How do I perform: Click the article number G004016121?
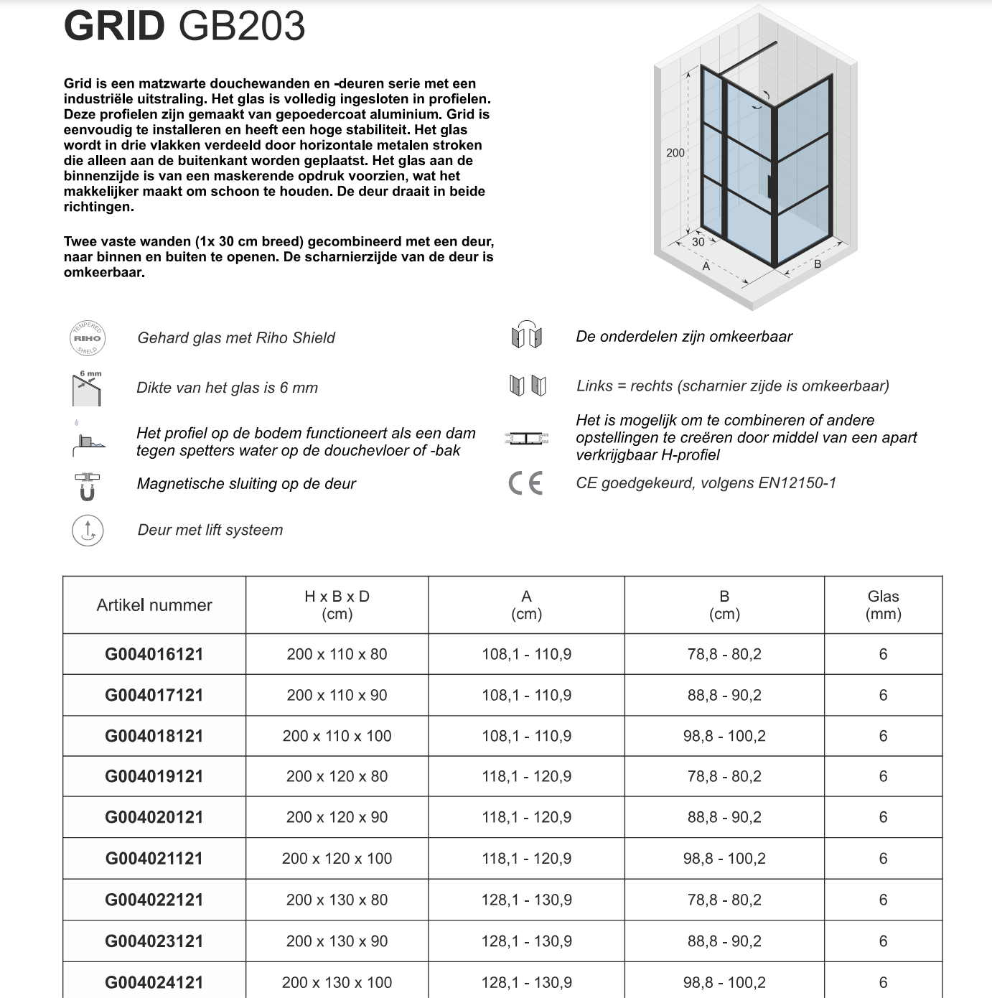[154, 654]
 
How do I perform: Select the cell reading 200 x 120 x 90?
[337, 817]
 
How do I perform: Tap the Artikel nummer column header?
[154, 605]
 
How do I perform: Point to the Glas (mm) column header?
[883, 605]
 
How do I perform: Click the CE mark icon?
[526, 483]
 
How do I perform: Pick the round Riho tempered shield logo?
[88, 338]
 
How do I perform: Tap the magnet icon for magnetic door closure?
[88, 487]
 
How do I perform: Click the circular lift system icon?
[88, 531]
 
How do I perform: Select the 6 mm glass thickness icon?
[88, 388]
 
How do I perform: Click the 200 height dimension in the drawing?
[675, 153]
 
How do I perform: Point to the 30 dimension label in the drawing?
[698, 243]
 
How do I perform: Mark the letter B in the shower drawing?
[818, 264]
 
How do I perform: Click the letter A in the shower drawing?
[706, 266]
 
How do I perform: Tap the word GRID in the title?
[115, 26]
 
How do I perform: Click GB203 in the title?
[242, 26]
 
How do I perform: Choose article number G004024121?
[154, 982]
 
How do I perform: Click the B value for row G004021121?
[724, 859]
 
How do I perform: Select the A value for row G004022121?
[527, 900]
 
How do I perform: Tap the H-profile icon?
[527, 438]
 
